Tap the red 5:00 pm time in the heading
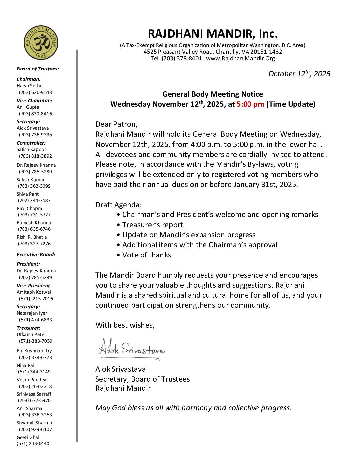pos(250,104)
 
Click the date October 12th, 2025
pos(299,74)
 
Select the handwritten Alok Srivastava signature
pos(131,349)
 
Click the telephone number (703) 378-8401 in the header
pos(182,59)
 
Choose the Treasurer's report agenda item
pos(153,225)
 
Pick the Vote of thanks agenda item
pos(147,255)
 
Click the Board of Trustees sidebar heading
pos(38,69)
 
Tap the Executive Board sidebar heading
pos(36,255)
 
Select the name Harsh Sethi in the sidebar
pos(29,86)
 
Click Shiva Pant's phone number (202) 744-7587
pos(34,200)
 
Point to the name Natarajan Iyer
pos(32,313)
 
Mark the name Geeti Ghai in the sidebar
pos(28,437)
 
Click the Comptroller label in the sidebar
pos(31,143)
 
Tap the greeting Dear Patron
pos(116,124)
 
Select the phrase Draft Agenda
pos(118,205)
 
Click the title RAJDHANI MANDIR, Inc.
pos(212,34)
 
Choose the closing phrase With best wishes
pos(125,325)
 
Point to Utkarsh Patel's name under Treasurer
pos(31,334)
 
